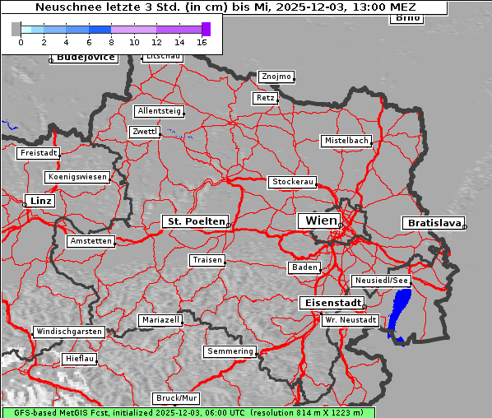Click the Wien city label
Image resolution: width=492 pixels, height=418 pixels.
pyautogui.click(x=321, y=221)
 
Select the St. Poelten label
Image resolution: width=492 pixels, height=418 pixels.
pyautogui.click(x=195, y=221)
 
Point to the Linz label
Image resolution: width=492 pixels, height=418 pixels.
pyautogui.click(x=39, y=201)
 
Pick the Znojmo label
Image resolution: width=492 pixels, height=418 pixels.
pyautogui.click(x=276, y=77)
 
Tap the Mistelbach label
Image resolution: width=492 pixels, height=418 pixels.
pyautogui.click(x=346, y=141)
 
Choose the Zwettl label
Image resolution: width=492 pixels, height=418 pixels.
pyautogui.click(x=145, y=132)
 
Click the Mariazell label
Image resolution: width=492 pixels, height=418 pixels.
pyautogui.click(x=160, y=319)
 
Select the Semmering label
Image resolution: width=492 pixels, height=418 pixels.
pyautogui.click(x=230, y=351)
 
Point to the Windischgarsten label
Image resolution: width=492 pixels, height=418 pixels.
pyautogui.click(x=69, y=332)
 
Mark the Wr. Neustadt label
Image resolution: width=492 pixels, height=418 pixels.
pyautogui.click(x=350, y=319)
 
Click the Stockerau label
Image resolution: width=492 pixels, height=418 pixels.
pyautogui.click(x=292, y=181)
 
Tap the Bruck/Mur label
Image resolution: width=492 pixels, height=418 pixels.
pyautogui.click(x=177, y=398)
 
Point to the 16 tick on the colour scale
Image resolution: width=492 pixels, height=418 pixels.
pyautogui.click(x=202, y=41)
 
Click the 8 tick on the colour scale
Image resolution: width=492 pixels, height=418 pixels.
pyautogui.click(x=111, y=41)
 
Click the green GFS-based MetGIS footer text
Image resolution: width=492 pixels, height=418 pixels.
pyautogui.click(x=188, y=412)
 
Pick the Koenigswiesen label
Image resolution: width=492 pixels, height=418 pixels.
pyautogui.click(x=77, y=177)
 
